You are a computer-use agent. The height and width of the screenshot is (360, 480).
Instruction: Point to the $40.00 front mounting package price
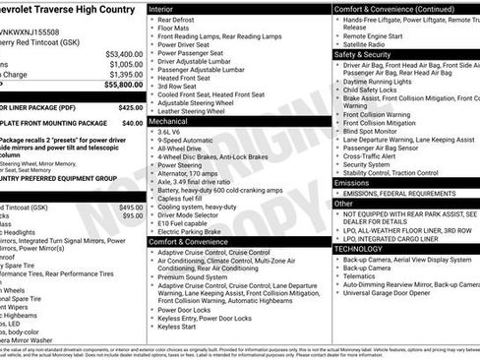pyautogui.click(x=132, y=123)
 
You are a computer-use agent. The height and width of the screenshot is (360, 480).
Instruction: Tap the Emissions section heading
pyautogui.click(x=353, y=182)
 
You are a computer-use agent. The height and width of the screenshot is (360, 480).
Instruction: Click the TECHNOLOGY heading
pyautogui.click(x=358, y=249)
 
